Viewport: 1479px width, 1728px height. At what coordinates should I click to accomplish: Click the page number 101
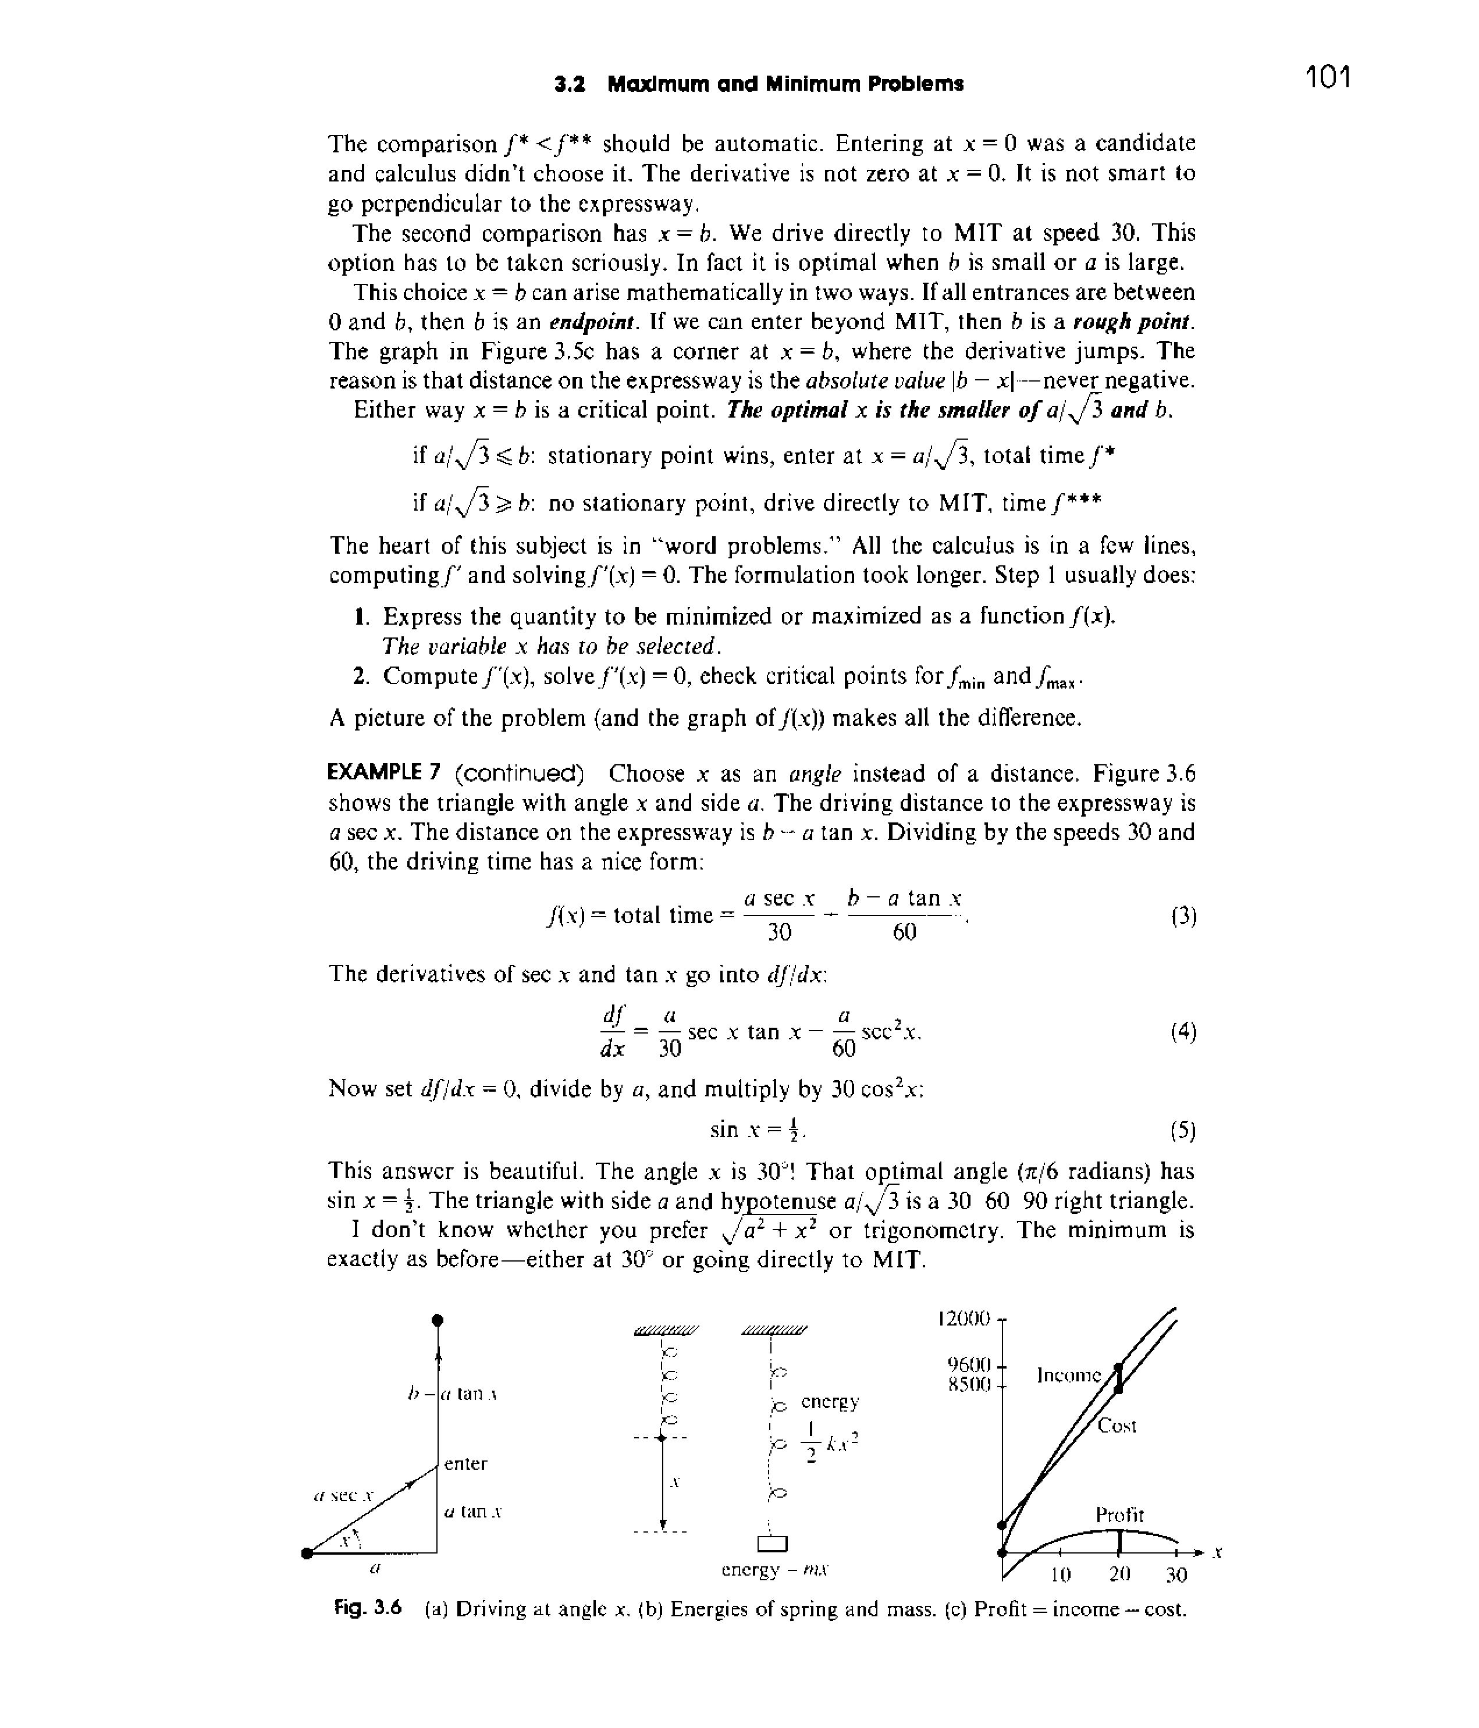pyautogui.click(x=1327, y=77)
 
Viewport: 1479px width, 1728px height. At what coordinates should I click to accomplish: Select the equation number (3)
pyautogui.click(x=1183, y=917)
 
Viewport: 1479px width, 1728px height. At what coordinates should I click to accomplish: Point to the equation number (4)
pyautogui.click(x=1183, y=1032)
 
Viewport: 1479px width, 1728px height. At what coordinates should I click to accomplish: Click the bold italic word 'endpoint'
pyautogui.click(x=593, y=322)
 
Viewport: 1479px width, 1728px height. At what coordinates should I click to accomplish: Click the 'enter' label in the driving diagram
pyautogui.click(x=465, y=1463)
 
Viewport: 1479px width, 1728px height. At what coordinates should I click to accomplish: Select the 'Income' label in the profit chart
pyautogui.click(x=1069, y=1375)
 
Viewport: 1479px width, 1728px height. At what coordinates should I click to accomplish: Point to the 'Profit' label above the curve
pyautogui.click(x=1119, y=1515)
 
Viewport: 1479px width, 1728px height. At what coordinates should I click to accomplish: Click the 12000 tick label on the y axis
pyautogui.click(x=964, y=1319)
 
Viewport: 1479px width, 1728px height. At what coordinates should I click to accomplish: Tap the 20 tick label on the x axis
pyautogui.click(x=1119, y=1574)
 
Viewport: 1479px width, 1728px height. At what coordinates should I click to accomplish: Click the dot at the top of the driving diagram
pyautogui.click(x=437, y=1319)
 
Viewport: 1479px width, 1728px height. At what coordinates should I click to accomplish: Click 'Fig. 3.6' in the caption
pyautogui.click(x=368, y=1609)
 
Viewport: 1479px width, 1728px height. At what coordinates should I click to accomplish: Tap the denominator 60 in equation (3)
pyautogui.click(x=904, y=932)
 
